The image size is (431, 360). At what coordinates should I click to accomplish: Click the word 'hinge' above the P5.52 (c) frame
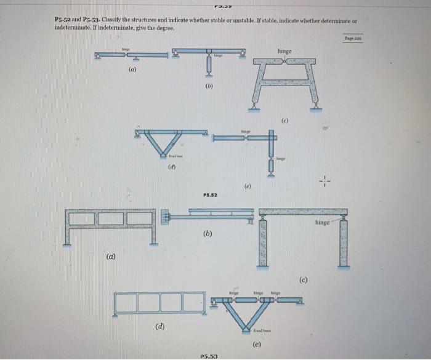[x=284, y=51]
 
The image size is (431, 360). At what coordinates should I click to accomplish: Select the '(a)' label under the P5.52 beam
[x=132, y=71]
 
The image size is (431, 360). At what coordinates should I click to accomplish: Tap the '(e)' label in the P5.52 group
[x=248, y=185]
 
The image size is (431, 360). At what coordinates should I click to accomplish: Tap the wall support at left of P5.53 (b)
[x=164, y=217]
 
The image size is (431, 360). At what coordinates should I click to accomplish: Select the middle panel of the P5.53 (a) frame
[x=110, y=218]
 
